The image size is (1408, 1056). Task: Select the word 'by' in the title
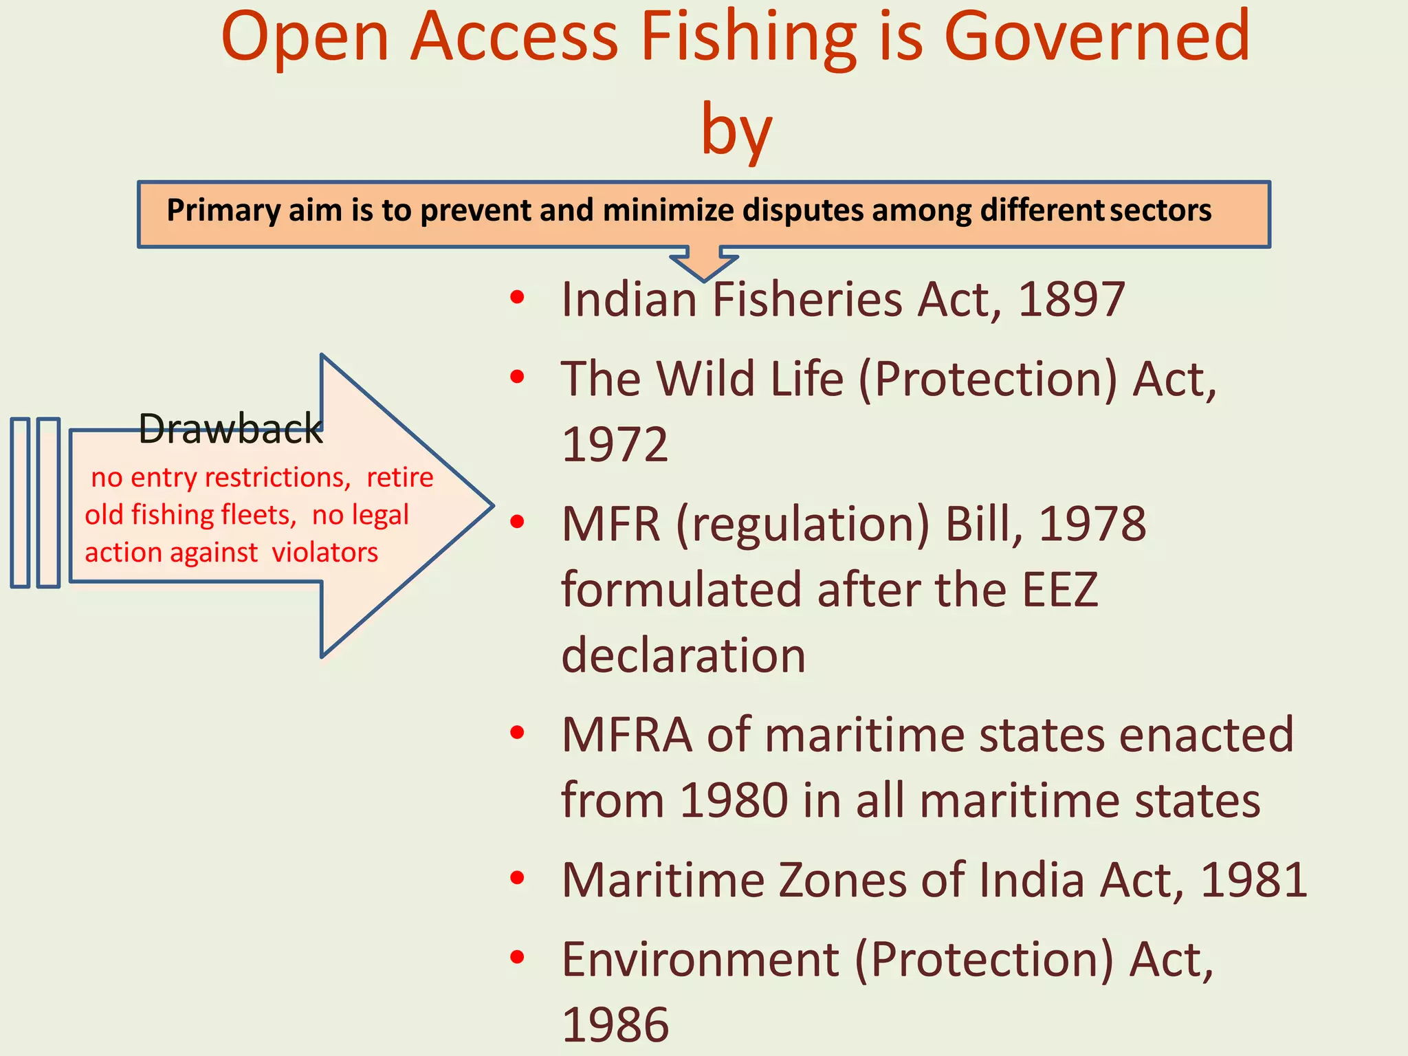point(736,131)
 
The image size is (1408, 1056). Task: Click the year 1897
point(1070,300)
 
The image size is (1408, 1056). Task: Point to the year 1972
point(615,445)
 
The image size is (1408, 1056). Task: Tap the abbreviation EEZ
point(1059,590)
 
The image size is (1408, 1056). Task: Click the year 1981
point(1253,880)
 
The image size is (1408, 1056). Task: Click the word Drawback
point(230,430)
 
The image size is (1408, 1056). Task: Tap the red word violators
point(325,553)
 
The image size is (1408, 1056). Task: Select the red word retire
point(399,477)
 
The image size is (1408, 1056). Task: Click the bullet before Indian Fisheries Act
point(518,298)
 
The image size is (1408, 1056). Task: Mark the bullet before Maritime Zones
point(518,878)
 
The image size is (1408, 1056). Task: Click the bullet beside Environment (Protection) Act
point(518,957)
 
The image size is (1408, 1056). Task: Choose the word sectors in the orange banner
point(1160,210)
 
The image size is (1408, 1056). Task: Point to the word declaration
point(683,655)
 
